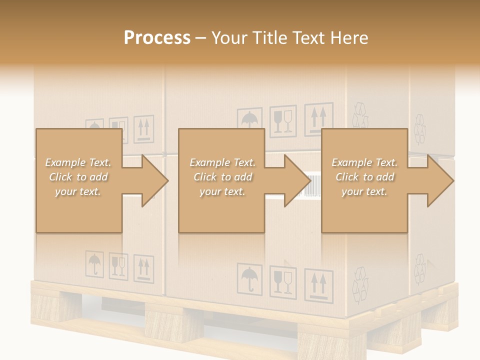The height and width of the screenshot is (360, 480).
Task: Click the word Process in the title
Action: [x=157, y=38]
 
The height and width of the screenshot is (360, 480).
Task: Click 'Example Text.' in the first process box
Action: [x=78, y=162]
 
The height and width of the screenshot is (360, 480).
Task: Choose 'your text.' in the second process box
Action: [x=222, y=191]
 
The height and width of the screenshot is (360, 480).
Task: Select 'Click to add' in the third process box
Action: [x=365, y=177]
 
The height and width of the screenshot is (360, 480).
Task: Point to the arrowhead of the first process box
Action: [x=155, y=180]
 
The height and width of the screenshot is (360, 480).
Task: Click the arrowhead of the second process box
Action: [x=298, y=180]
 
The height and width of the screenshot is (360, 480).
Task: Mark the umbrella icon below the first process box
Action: [x=94, y=263]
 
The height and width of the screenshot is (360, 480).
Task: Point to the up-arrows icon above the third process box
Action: [x=319, y=118]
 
